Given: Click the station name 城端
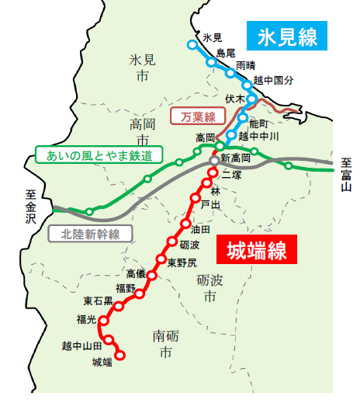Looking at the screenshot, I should click(x=102, y=362).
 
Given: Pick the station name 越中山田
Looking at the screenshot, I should click(x=82, y=345).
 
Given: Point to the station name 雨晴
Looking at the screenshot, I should click(x=245, y=65).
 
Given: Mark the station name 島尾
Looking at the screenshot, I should click(x=225, y=52).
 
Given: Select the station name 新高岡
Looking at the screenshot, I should click(x=235, y=158).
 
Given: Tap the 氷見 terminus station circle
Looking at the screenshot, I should click(x=192, y=44).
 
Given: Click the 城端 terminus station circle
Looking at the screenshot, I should click(x=120, y=357).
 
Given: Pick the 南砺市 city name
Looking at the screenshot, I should click(x=163, y=344).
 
